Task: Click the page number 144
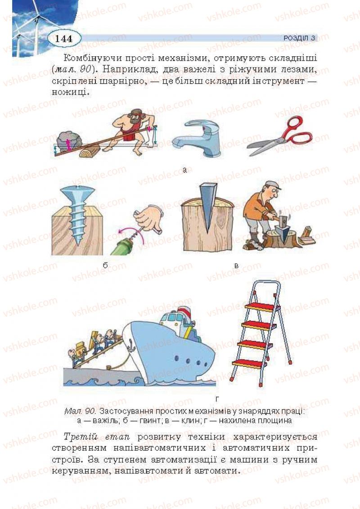click(63, 38)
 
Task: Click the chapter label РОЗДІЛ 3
click(299, 38)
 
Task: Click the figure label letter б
click(105, 265)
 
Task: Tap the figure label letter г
click(217, 400)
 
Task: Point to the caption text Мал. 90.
click(80, 411)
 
